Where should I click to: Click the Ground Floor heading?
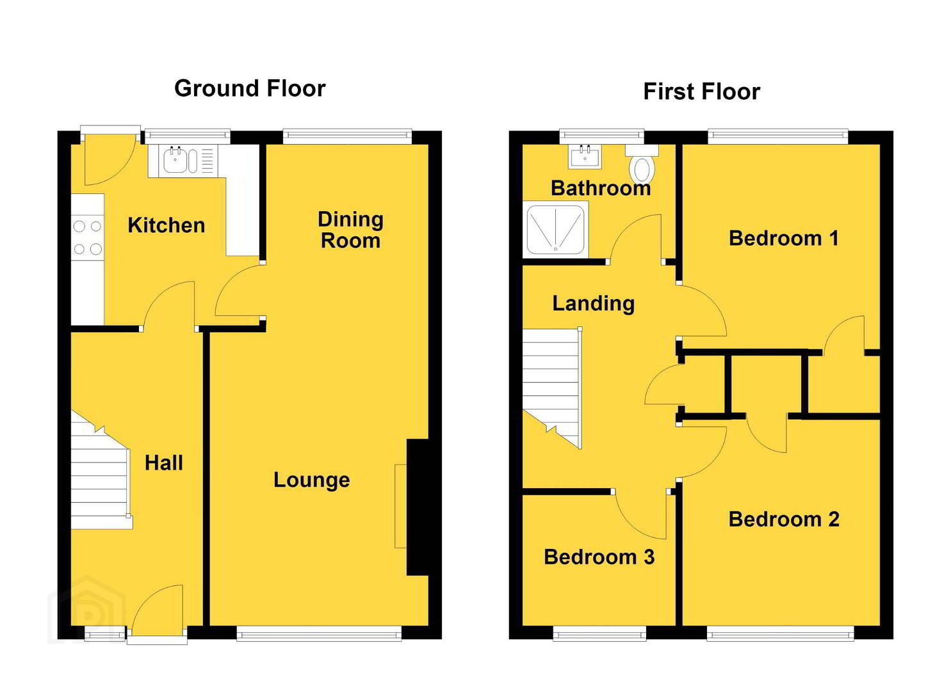[250, 89]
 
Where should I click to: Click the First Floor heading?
[702, 91]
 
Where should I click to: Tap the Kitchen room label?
[167, 225]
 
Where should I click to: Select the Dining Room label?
[351, 230]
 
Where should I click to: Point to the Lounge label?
[312, 480]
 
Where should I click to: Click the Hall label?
[164, 463]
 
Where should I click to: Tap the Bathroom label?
[601, 188]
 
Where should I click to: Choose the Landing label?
[594, 304]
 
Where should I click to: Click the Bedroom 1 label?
[784, 239]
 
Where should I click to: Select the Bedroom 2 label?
[784, 520]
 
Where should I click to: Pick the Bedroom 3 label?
[599, 557]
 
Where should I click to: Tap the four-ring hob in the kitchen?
[88, 237]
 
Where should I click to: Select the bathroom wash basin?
[585, 157]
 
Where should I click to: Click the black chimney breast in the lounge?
[418, 507]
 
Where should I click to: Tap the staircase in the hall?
[101, 471]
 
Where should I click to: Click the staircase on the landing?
[552, 387]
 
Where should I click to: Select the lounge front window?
[319, 635]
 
